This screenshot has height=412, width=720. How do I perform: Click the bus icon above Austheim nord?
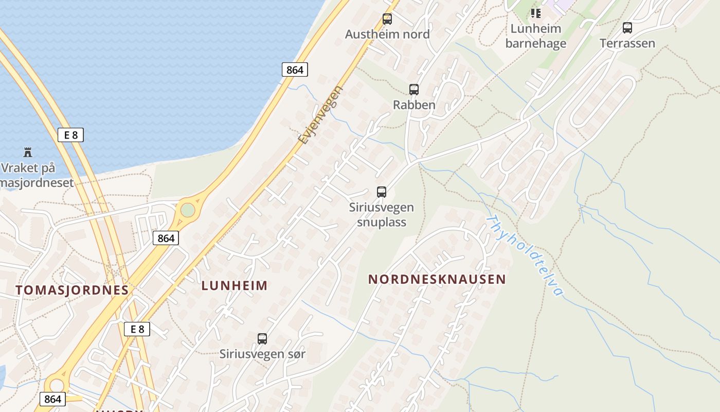[x=387, y=19]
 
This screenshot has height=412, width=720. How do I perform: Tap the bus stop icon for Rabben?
[x=414, y=90]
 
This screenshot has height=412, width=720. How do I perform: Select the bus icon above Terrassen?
[x=627, y=28]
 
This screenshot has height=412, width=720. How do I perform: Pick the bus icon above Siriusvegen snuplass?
[x=382, y=192]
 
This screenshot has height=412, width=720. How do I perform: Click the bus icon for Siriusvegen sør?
[x=262, y=339]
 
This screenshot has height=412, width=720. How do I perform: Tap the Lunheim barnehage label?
[x=535, y=36]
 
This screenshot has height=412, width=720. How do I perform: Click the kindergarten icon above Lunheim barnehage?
[x=536, y=13]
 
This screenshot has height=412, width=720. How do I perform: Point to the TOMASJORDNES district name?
[x=72, y=290]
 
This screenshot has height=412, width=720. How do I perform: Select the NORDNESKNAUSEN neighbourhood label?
[x=437, y=280]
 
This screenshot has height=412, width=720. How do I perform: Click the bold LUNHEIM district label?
[x=235, y=286]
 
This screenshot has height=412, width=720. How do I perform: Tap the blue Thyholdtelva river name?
[x=525, y=255]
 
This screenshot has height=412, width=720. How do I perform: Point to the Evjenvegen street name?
[x=320, y=115]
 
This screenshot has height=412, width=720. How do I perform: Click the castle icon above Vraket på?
[x=28, y=152]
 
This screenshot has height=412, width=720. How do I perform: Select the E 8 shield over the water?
[x=70, y=135]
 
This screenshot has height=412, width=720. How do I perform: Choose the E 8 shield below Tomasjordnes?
[x=137, y=329]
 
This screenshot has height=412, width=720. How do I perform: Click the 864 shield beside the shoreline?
[x=295, y=70]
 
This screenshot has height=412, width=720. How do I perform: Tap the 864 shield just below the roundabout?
[x=166, y=238]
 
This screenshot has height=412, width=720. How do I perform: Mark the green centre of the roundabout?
[x=188, y=210]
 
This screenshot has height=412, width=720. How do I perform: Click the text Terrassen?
[x=627, y=43]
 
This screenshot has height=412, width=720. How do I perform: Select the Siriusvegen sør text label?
[x=262, y=354]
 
